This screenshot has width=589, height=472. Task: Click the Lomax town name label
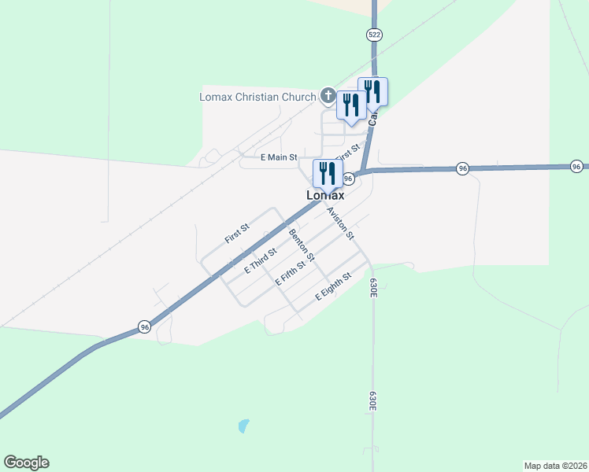click(x=325, y=195)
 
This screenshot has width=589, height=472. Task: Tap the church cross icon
click(x=328, y=96)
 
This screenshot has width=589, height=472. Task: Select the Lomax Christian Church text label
click(x=257, y=97)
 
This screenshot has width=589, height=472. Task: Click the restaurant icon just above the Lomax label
click(x=328, y=172)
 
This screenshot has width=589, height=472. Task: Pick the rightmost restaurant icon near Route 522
click(x=372, y=91)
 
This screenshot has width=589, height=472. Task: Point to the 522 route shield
click(x=374, y=35)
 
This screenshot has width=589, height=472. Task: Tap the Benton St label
click(x=302, y=245)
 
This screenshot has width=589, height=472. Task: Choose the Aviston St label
click(x=341, y=223)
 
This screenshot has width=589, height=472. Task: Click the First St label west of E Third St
click(x=236, y=233)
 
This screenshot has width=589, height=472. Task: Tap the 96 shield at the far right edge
click(x=577, y=166)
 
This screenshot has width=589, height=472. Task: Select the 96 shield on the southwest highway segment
click(x=144, y=326)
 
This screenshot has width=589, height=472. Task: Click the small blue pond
click(x=243, y=426)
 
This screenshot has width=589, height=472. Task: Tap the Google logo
click(x=26, y=463)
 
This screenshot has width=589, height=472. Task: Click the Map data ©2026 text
click(x=555, y=466)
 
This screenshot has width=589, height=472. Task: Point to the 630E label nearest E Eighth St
click(x=373, y=286)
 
